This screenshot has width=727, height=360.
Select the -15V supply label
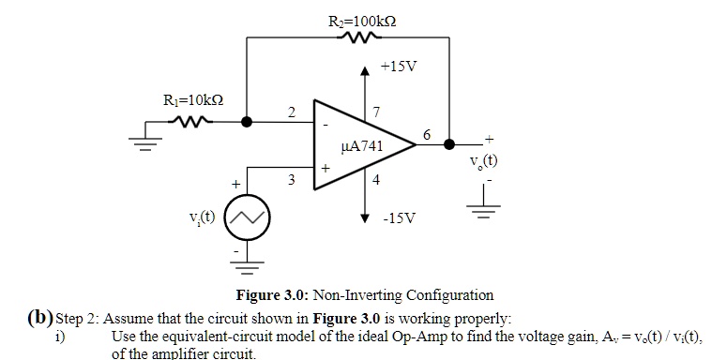[399, 218]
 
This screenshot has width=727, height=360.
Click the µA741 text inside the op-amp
[362, 146]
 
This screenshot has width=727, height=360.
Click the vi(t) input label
[203, 218]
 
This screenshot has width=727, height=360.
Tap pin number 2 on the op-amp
[292, 112]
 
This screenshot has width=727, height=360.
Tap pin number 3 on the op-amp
[292, 179]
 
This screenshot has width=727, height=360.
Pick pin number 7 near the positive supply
[376, 113]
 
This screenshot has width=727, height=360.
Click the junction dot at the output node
[449, 145]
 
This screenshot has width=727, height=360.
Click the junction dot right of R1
[248, 121]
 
